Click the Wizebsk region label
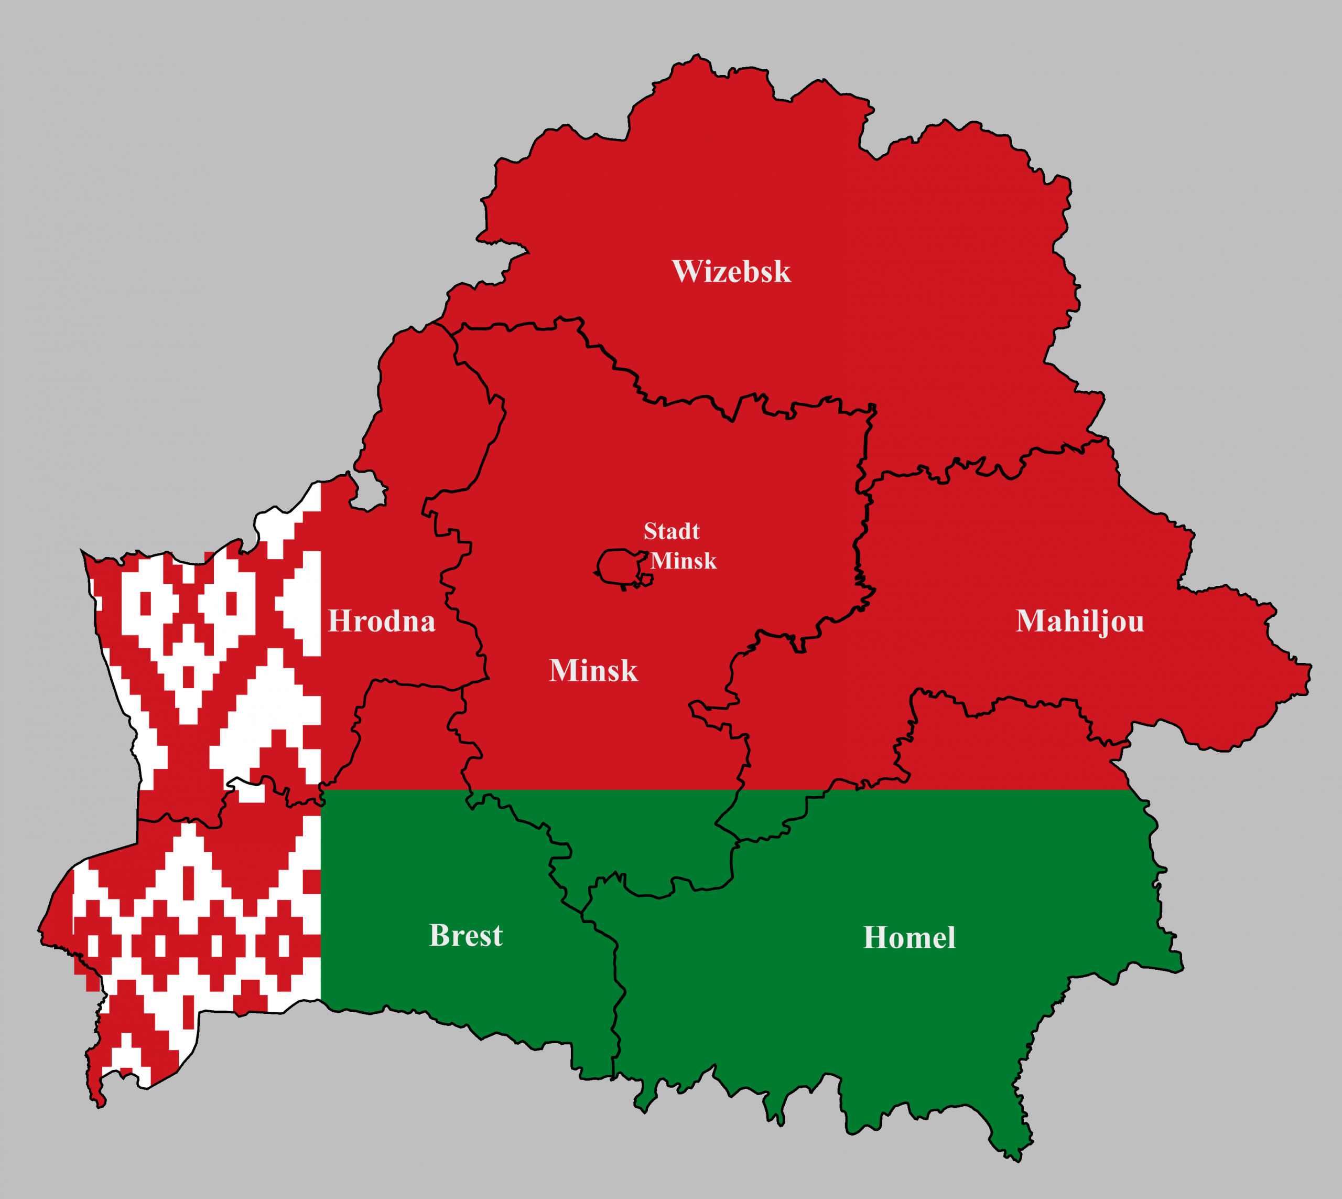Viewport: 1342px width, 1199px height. (x=731, y=271)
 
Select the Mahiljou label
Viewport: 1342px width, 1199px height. (x=1080, y=621)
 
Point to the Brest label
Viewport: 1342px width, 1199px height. (x=466, y=936)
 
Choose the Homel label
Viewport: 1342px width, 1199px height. (x=908, y=937)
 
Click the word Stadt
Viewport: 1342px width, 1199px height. (x=671, y=531)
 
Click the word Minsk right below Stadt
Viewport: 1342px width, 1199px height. (x=684, y=561)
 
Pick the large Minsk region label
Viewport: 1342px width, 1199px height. (x=593, y=671)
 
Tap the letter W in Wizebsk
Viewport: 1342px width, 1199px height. (x=685, y=271)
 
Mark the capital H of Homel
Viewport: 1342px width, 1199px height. (x=875, y=937)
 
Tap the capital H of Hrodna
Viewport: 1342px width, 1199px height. (x=340, y=621)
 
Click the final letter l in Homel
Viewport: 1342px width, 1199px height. (x=950, y=937)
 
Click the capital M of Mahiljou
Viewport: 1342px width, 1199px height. (x=1031, y=621)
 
